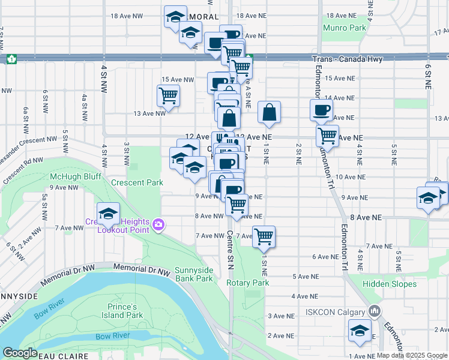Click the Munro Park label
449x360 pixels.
[344, 28]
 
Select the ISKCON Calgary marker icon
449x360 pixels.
[375, 311]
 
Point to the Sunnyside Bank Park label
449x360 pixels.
[194, 274]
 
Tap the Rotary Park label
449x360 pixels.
[247, 283]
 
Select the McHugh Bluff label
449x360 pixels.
[67, 176]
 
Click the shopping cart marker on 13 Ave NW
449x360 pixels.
[168, 95]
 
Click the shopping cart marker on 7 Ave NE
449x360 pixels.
[264, 236]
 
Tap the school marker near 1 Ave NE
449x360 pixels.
[360, 331]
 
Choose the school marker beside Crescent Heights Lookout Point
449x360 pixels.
[108, 214]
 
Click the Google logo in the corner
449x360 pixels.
[20, 353]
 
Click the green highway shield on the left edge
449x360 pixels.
[11, 59]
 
